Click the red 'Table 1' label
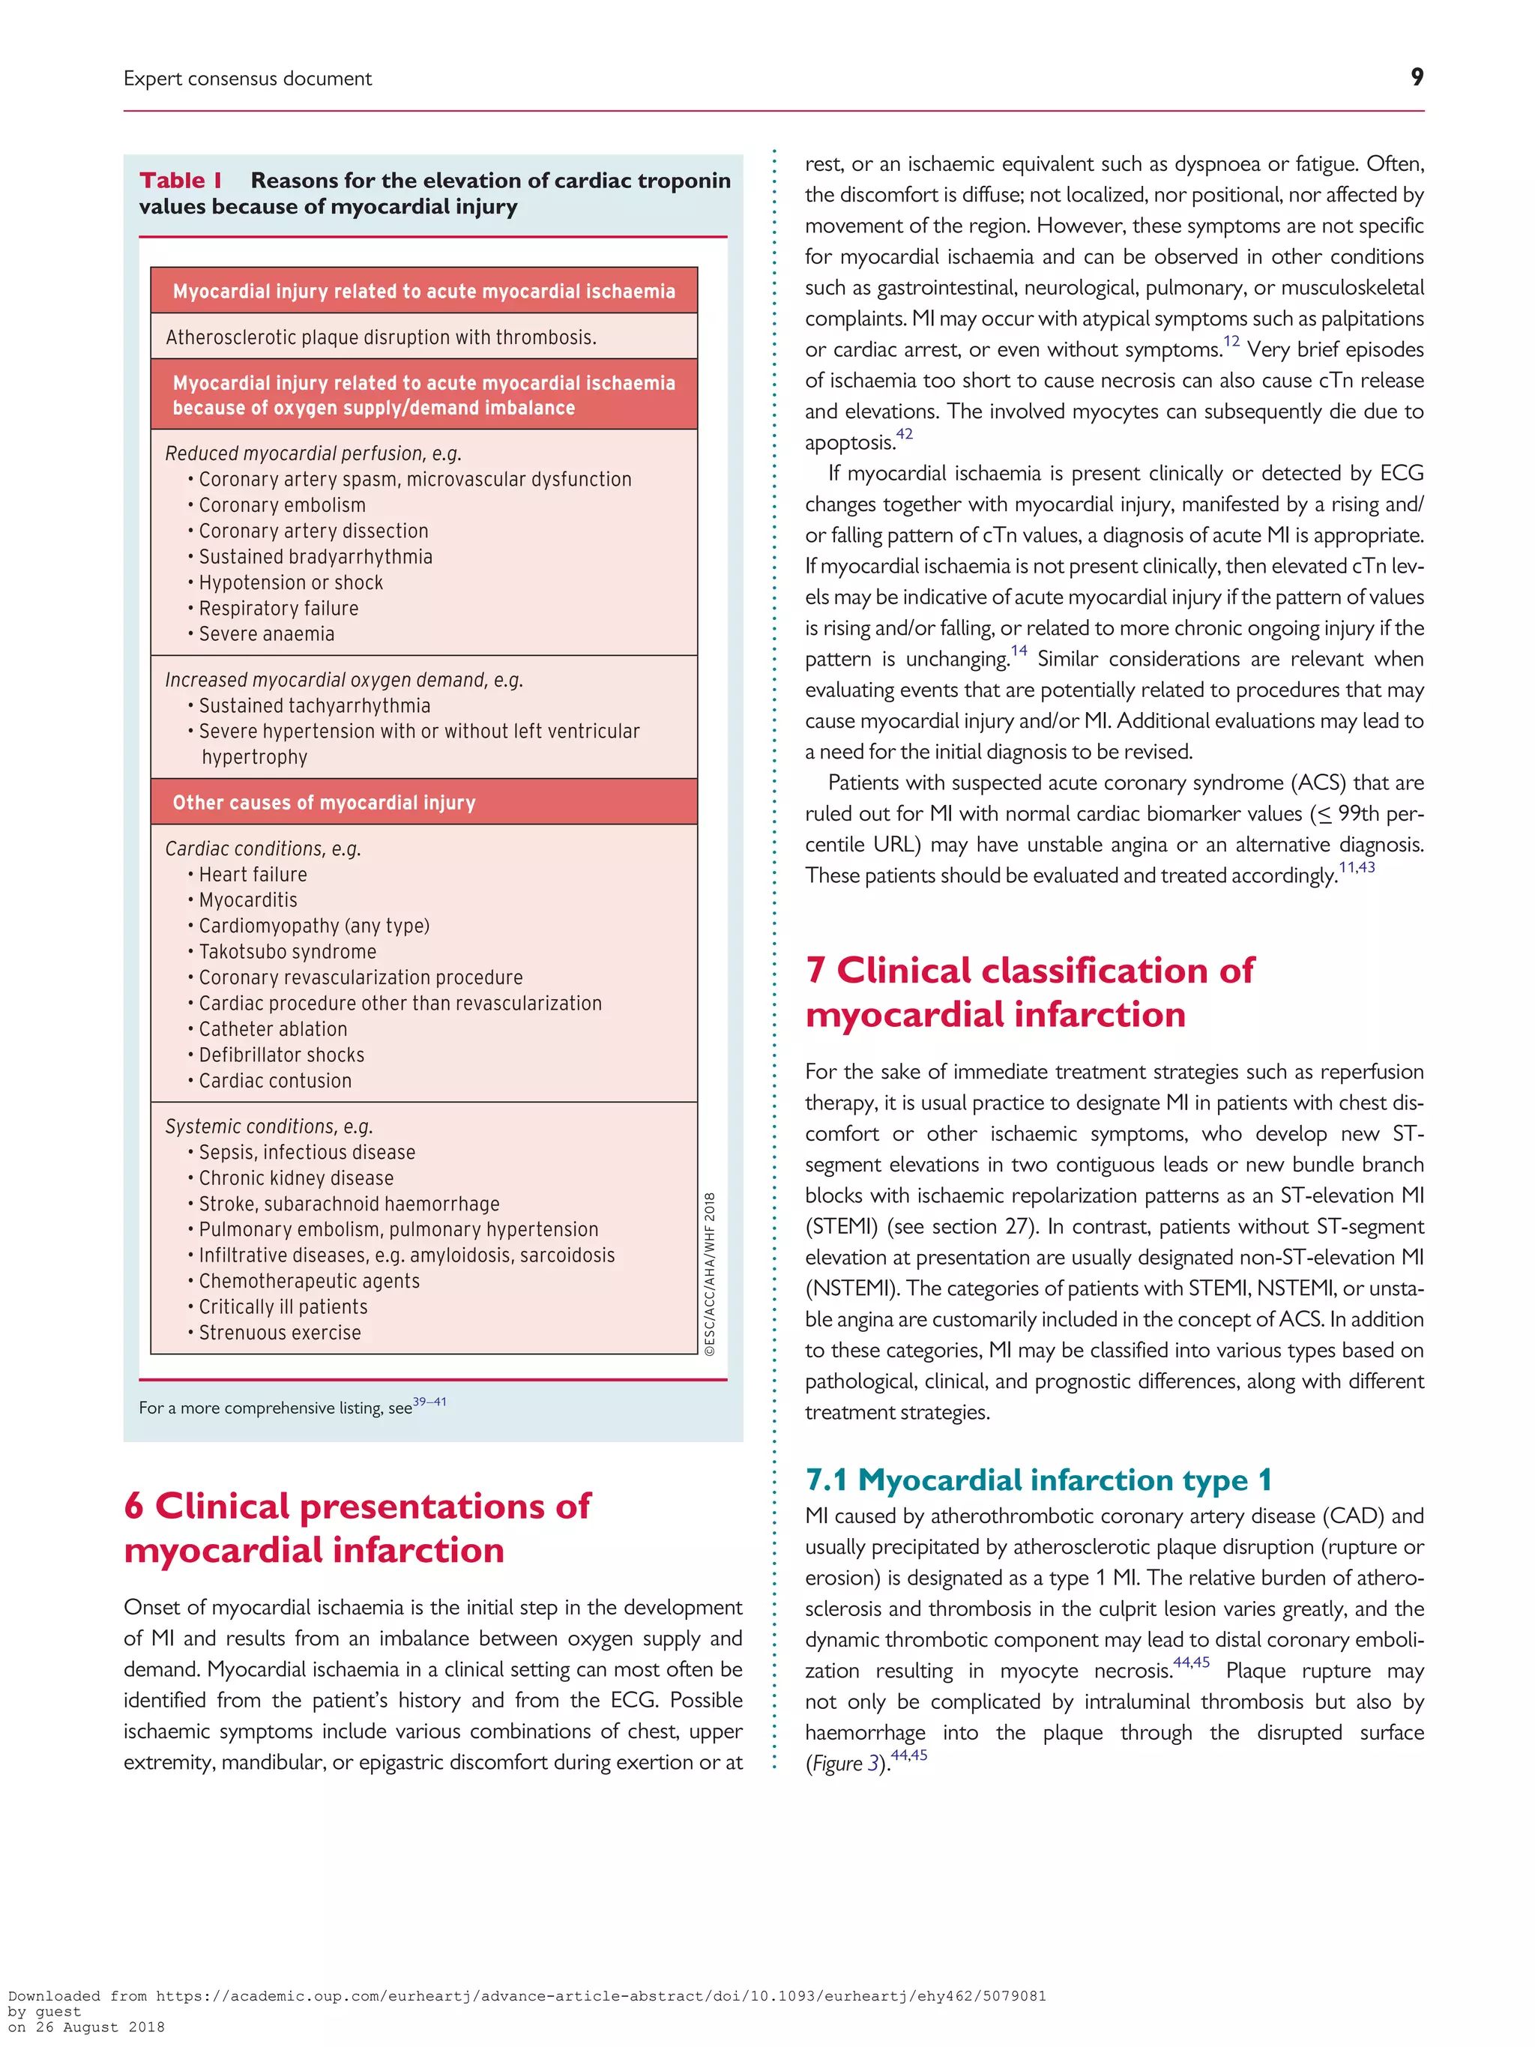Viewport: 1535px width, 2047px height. (181, 181)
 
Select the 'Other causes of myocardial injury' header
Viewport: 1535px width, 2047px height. (324, 802)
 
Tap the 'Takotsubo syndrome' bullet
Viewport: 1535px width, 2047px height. (287, 951)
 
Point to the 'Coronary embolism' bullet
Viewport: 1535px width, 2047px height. (283, 505)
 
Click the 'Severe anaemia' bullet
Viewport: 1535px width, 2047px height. (267, 634)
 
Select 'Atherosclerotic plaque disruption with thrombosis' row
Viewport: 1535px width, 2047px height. (380, 337)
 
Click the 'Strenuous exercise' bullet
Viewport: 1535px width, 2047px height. (280, 1333)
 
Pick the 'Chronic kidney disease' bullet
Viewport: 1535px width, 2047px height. (296, 1178)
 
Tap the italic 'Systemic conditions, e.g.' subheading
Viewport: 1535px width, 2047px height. (268, 1127)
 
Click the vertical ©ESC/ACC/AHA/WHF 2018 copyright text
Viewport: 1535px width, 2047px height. (710, 1274)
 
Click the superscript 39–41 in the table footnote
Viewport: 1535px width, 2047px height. (429, 1402)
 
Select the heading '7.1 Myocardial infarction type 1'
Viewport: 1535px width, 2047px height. (1037, 1480)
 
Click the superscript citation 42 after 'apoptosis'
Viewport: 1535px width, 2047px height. (904, 434)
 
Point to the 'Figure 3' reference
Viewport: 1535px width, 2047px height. (843, 1764)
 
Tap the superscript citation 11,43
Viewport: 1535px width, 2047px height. (1357, 867)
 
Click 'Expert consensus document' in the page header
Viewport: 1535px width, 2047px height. (247, 79)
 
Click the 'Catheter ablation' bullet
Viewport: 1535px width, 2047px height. (273, 1029)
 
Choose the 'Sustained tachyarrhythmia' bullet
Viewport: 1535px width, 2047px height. (315, 705)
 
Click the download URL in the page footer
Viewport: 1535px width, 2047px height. (600, 1996)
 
